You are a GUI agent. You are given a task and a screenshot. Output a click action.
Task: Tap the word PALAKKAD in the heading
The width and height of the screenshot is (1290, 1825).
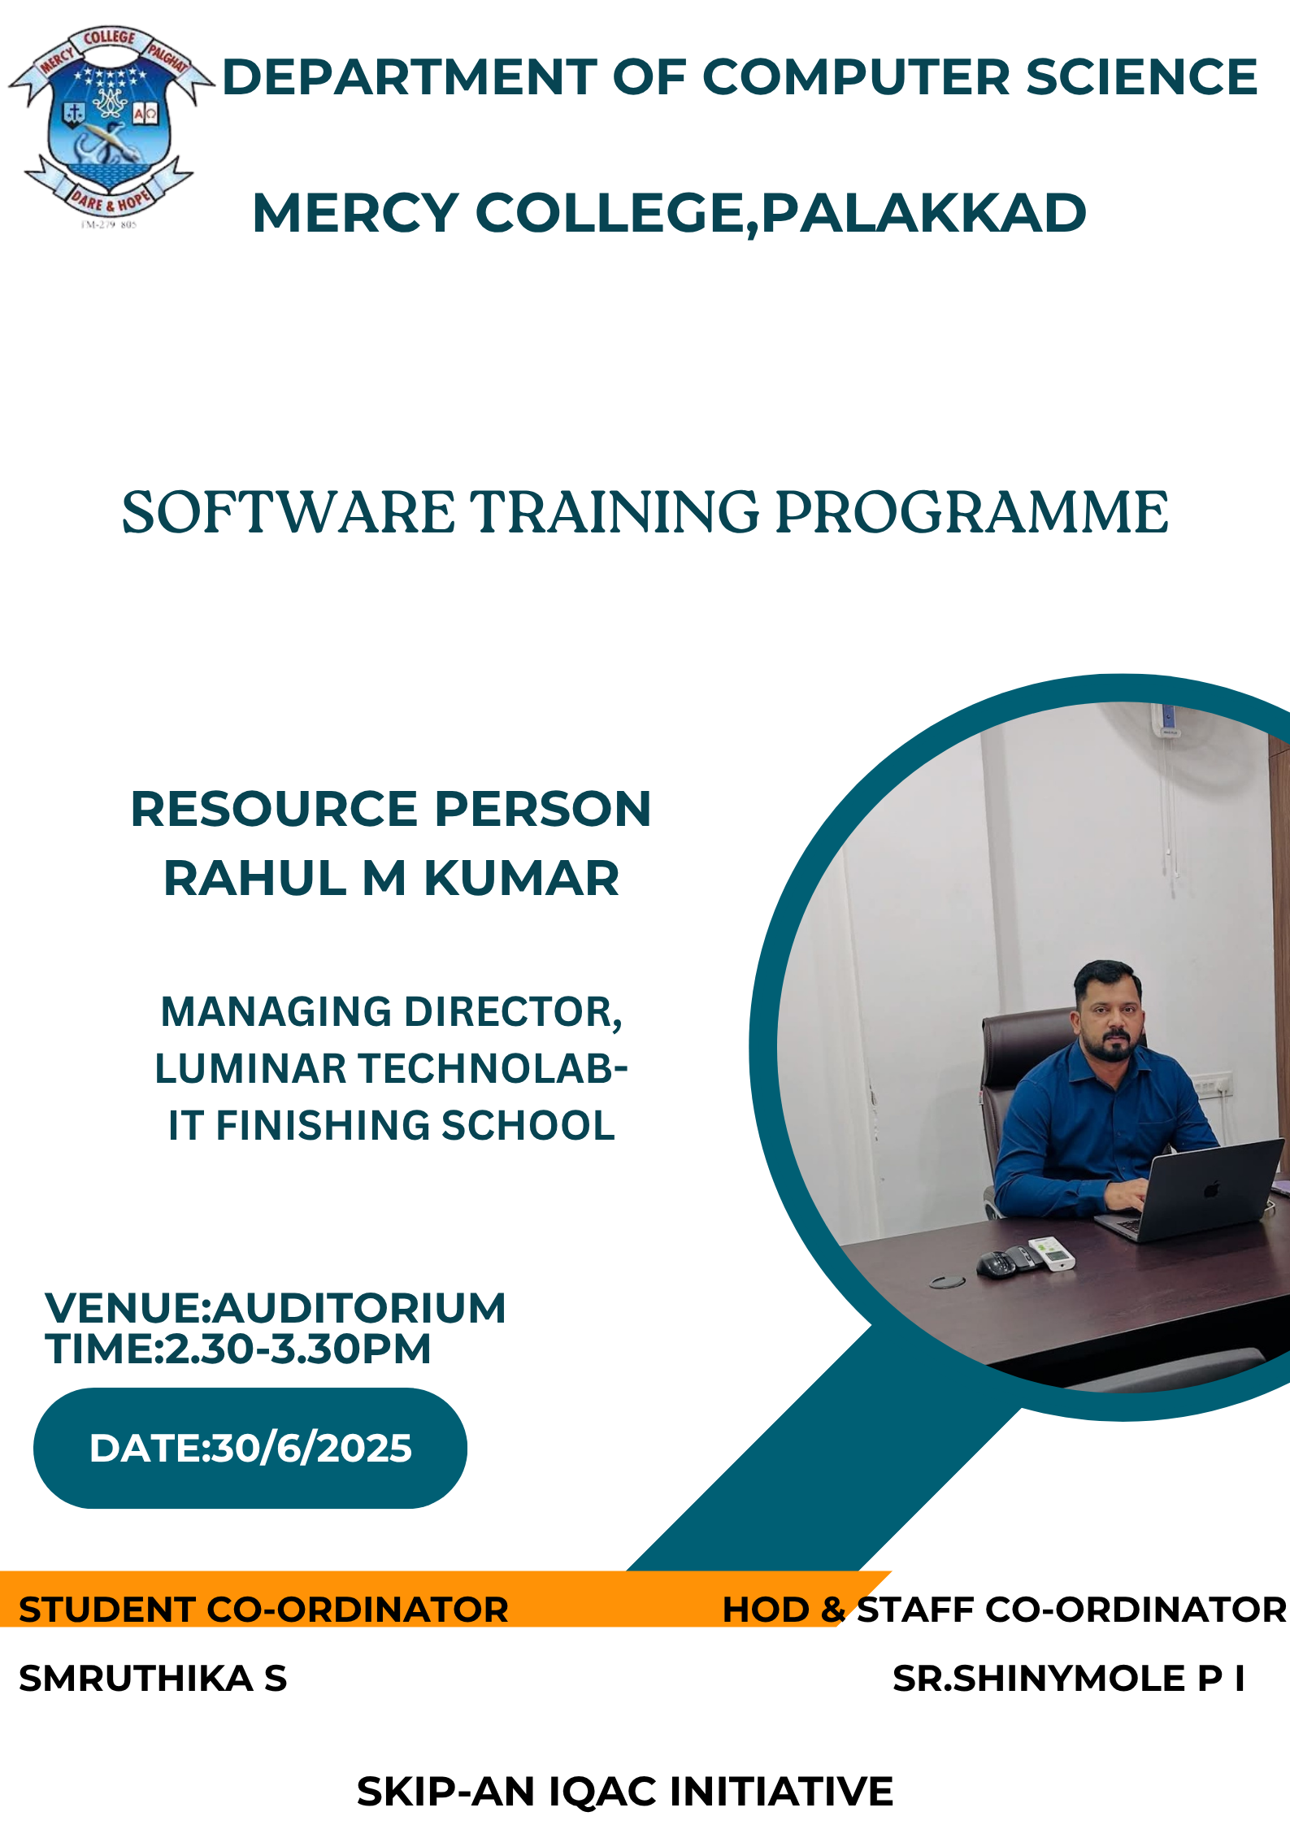923,213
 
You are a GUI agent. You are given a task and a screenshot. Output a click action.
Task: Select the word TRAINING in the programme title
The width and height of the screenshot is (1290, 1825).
616,512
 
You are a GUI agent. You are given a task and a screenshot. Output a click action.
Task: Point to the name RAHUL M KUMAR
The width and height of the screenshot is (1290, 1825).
392,878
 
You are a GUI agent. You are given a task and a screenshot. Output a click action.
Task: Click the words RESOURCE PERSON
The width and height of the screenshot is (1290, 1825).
391,809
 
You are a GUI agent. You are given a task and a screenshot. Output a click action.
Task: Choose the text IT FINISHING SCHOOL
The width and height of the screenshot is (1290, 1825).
392,1125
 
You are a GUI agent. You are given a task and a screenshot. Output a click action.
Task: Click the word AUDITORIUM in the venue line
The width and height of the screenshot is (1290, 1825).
359,1308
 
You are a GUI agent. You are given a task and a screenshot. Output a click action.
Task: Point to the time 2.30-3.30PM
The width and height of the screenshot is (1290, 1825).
298,1349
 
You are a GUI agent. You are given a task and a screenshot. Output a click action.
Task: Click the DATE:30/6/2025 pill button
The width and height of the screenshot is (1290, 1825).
250,1449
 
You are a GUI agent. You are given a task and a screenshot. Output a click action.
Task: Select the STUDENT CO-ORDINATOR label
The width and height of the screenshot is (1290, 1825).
263,1610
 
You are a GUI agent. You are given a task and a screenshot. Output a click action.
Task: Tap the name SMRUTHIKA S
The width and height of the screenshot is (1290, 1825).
153,1679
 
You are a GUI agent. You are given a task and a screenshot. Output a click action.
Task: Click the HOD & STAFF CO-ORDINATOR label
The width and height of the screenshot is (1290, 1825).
1005,1610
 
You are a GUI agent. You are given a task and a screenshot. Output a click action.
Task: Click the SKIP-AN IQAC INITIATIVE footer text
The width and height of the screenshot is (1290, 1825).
625,1792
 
